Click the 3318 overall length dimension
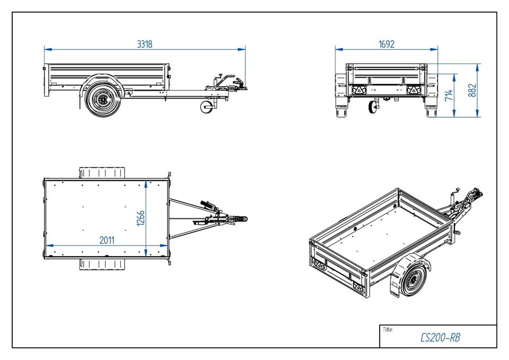pyautogui.click(x=145, y=45)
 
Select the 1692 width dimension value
pyautogui.click(x=387, y=45)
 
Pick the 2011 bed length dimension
pyautogui.click(x=107, y=240)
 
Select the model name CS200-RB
pyautogui.click(x=440, y=338)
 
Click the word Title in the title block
pyautogui.click(x=388, y=330)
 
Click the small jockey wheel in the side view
pyautogui.click(x=207, y=108)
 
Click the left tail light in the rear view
pyautogui.click(x=359, y=91)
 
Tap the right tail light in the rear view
pyautogui.click(x=413, y=91)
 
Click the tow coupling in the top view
pyautogui.click(x=239, y=218)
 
